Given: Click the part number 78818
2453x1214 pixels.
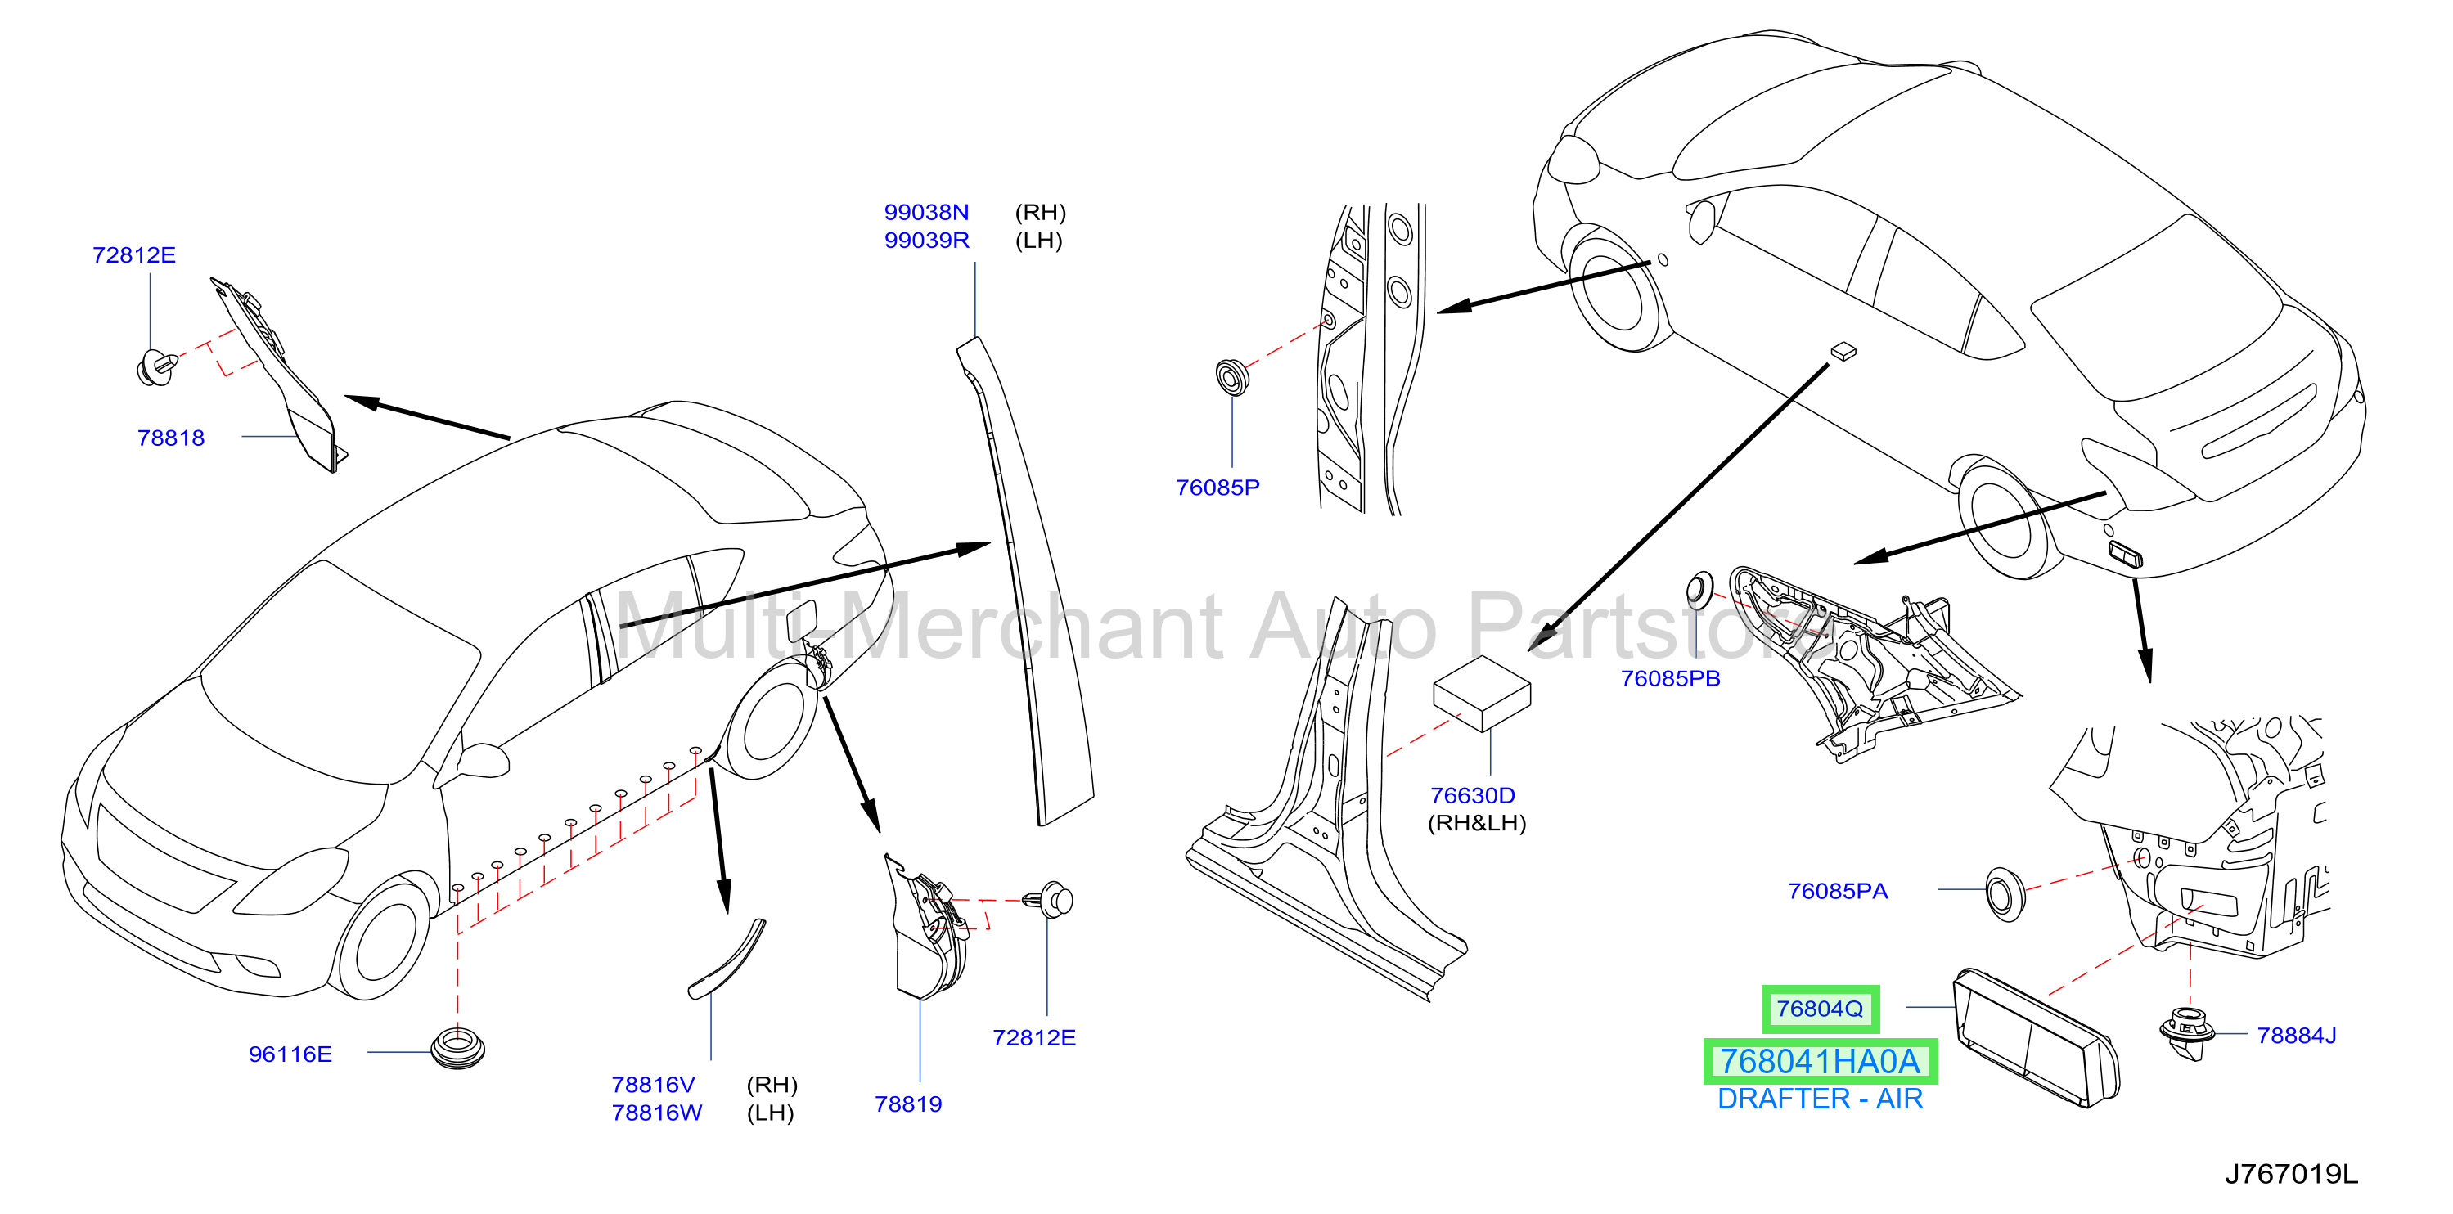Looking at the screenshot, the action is [x=171, y=438].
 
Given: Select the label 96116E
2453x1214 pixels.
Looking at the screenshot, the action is [x=290, y=1054].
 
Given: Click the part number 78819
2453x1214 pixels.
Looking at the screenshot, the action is [x=908, y=1104].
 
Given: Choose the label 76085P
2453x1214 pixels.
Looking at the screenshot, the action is [x=1218, y=488].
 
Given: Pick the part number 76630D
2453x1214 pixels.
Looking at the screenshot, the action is [x=1472, y=795].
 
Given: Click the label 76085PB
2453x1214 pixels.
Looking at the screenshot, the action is [x=1670, y=678].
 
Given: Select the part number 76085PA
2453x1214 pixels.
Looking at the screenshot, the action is [x=1838, y=890].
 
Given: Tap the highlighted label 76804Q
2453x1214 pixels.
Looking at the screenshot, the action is [x=1820, y=1009].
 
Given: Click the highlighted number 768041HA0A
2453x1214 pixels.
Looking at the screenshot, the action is [x=1820, y=1062].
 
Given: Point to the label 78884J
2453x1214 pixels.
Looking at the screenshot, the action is [x=2297, y=1035].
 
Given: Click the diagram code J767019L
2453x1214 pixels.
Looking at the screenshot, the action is [x=2291, y=1174].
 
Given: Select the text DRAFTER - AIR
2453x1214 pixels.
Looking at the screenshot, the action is [x=1820, y=1099].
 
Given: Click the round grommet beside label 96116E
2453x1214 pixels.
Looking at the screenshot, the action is [x=458, y=1047].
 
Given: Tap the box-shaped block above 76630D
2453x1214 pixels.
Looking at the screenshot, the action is [x=1482, y=692].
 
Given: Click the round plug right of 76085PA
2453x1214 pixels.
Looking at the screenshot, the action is [x=2005, y=893].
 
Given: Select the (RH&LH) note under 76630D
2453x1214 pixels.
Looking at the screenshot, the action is [x=1477, y=823].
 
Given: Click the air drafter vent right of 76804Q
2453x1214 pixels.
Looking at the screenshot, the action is [x=2036, y=1037].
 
